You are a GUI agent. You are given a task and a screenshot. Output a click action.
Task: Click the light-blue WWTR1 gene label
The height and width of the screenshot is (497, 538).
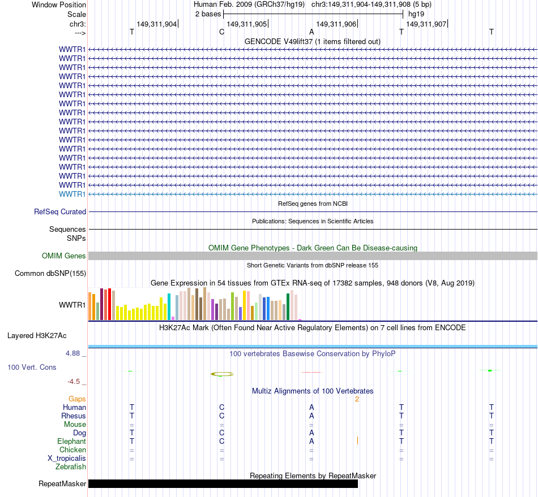[72, 194]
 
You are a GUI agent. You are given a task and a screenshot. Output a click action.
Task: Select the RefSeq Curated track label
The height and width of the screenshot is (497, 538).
[60, 212]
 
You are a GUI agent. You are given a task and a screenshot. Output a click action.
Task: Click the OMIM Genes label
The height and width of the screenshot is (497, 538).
[64, 256]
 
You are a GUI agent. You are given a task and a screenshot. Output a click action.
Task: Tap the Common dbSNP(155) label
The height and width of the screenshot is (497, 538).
[50, 274]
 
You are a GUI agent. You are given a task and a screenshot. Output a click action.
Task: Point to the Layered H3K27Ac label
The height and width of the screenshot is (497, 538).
[37, 336]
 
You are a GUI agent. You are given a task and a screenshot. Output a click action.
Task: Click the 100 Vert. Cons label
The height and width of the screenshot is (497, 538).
[32, 368]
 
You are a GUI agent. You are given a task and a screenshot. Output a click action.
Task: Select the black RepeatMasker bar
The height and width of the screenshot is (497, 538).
[223, 483]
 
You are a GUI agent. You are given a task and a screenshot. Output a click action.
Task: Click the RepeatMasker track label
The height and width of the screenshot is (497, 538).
[62, 484]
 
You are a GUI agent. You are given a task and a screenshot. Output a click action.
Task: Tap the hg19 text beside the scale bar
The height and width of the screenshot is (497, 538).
[416, 13]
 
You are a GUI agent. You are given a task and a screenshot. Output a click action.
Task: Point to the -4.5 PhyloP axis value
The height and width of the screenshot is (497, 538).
[76, 382]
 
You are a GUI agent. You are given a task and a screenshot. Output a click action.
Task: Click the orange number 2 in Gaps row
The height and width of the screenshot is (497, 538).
[357, 399]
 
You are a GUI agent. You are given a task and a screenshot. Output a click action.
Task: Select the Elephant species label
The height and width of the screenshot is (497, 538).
[71, 442]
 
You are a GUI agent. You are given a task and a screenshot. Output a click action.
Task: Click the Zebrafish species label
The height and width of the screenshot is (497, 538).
[71, 467]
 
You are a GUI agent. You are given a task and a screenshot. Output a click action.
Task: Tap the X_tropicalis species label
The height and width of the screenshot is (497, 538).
[67, 459]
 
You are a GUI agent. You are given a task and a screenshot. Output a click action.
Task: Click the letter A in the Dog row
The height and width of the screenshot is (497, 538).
[311, 433]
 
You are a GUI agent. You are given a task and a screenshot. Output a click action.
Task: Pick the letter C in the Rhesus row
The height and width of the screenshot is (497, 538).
[222, 416]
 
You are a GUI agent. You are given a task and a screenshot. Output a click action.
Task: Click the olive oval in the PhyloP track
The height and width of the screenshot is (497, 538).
[222, 374]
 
